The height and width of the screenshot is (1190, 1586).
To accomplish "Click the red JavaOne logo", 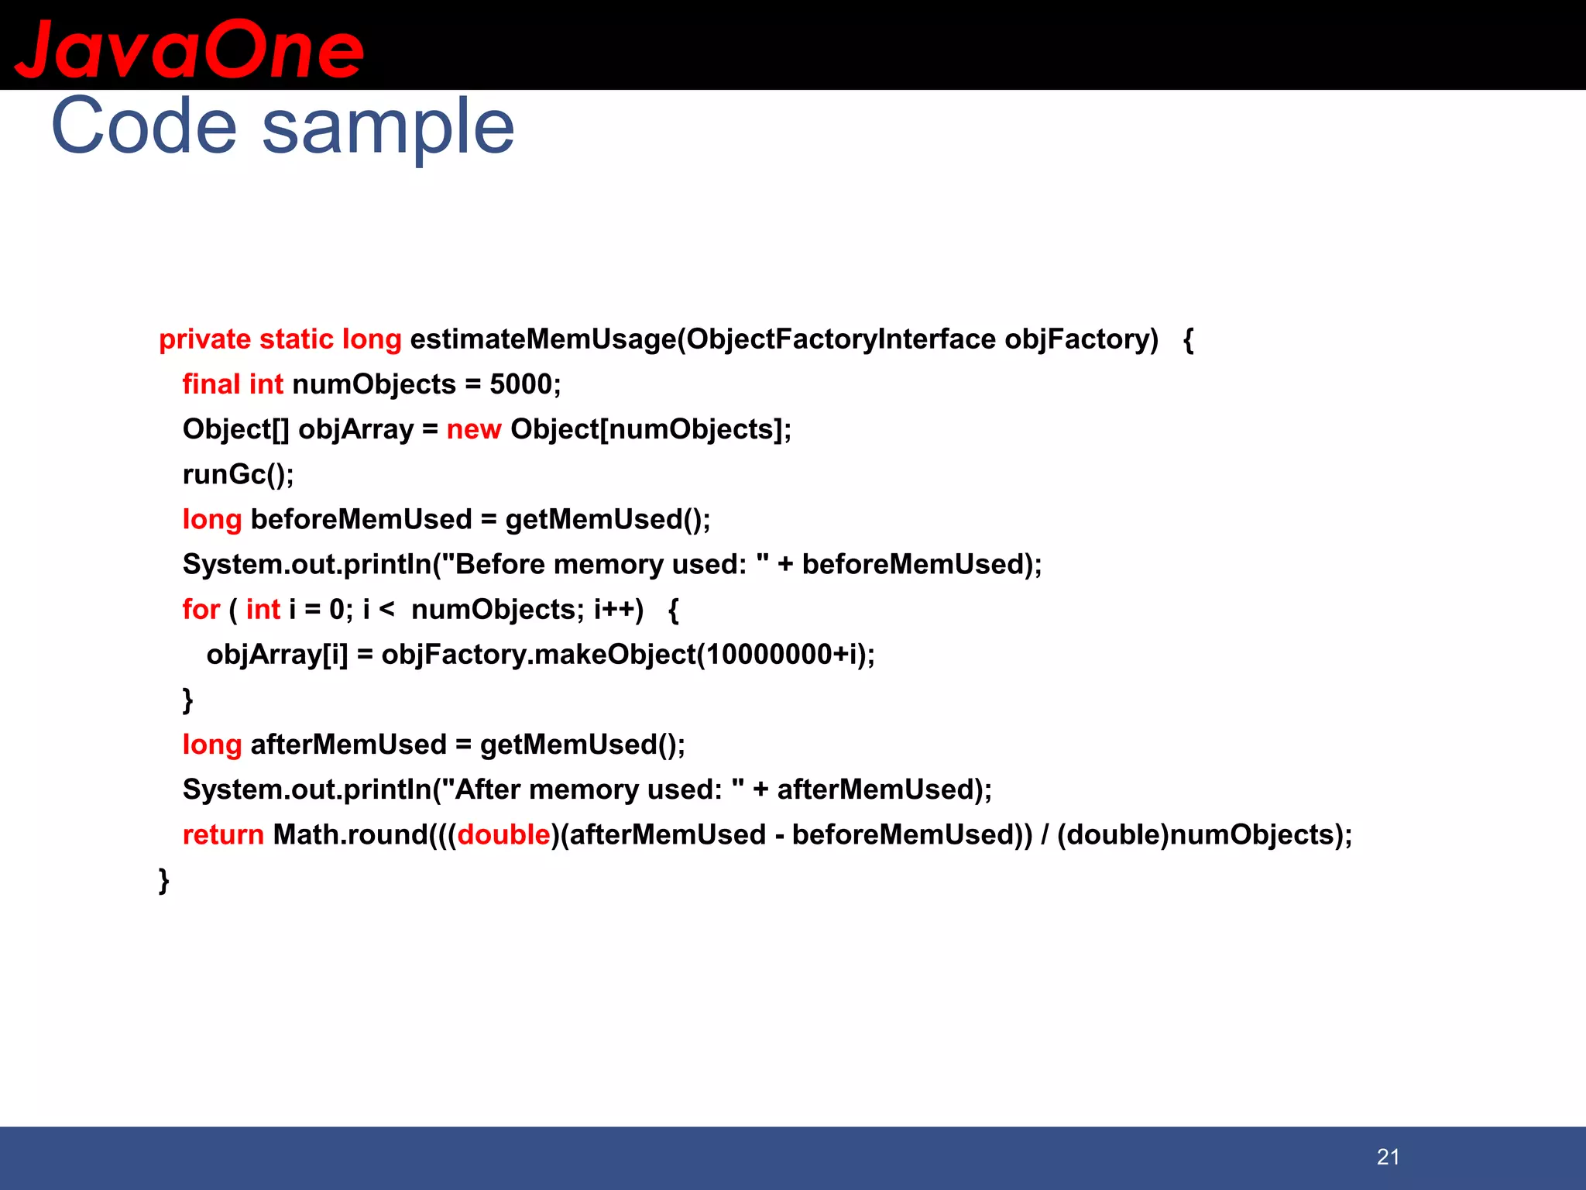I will click(x=189, y=50).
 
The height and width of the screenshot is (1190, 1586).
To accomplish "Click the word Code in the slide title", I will click(x=144, y=126).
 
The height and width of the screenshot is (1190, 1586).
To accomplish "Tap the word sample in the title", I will click(x=388, y=128).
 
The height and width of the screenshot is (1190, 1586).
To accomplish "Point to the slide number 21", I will click(x=1388, y=1157).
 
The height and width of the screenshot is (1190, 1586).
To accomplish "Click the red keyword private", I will click(x=204, y=339).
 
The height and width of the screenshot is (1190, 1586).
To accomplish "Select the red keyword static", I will click(x=296, y=339).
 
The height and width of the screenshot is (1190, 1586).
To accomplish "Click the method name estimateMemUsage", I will click(x=542, y=339).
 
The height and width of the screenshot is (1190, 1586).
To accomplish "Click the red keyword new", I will click(x=474, y=429).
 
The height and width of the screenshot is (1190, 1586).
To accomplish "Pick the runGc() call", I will click(x=238, y=474).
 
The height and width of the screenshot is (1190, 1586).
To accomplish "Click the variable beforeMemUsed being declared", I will click(x=361, y=519).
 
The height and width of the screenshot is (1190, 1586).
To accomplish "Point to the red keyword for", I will click(x=201, y=610).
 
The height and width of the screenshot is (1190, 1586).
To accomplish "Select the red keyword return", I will click(x=223, y=835).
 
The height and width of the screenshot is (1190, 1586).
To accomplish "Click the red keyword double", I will click(x=503, y=835).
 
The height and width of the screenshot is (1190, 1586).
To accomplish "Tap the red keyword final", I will click(x=211, y=384).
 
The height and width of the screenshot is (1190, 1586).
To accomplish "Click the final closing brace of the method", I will click(x=163, y=881).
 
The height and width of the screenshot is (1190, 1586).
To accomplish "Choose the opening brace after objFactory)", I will click(x=1189, y=340).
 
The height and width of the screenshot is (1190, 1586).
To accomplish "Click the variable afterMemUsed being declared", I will click(x=348, y=745).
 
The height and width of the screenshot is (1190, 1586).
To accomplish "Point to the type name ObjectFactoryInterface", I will click(x=840, y=339).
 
